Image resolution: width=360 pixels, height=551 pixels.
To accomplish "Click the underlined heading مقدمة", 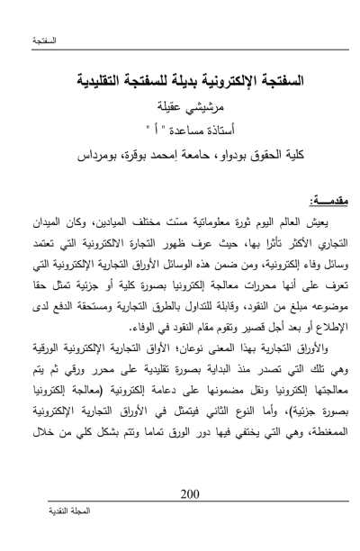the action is point(310,203).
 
